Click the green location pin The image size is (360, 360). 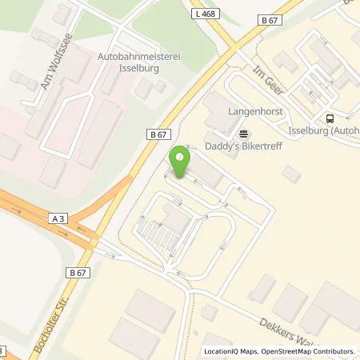point(180,162)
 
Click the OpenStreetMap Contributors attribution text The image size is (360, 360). point(307,351)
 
